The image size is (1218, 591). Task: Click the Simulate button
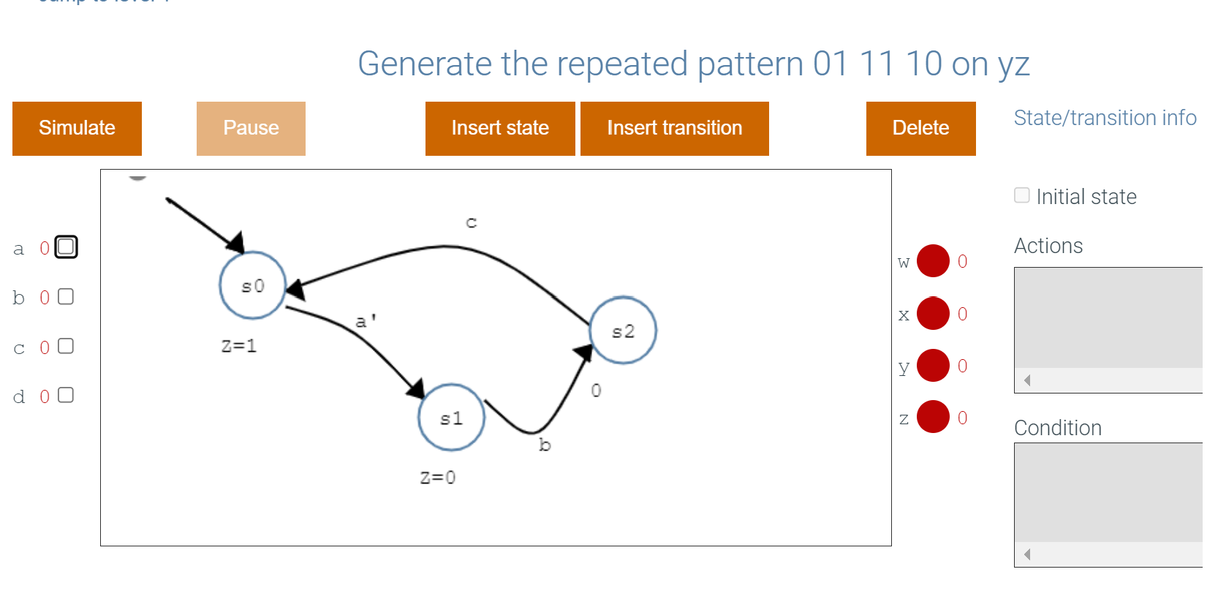tap(77, 128)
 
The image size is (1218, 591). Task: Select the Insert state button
tap(500, 128)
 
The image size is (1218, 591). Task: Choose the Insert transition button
tap(674, 128)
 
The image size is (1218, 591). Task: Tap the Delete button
tap(920, 128)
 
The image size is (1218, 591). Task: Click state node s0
tap(252, 285)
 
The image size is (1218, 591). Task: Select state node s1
tap(451, 418)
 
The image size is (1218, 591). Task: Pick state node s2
tap(623, 331)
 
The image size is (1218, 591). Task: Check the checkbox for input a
tap(66, 247)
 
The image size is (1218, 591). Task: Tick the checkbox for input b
tap(66, 296)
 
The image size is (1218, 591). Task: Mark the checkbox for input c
tap(66, 346)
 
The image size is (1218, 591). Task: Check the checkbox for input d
tap(66, 395)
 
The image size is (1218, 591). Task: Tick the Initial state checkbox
tap(1022, 195)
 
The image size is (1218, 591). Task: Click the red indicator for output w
tap(933, 261)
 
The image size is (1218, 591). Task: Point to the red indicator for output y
tap(933, 366)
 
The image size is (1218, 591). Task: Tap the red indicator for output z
tap(933, 417)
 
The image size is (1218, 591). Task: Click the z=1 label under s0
tap(239, 346)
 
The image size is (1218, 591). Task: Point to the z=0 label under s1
tap(438, 478)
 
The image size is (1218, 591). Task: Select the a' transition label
tap(366, 321)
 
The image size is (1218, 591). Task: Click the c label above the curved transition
tap(472, 222)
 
